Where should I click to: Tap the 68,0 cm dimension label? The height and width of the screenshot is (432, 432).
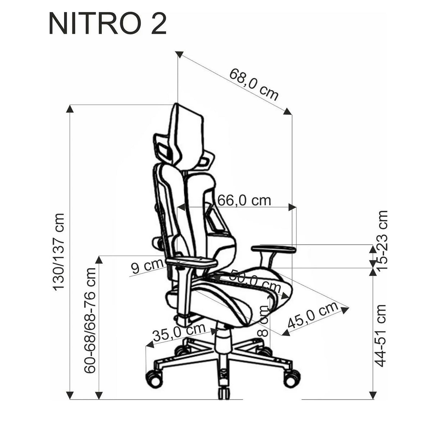coord(254,84)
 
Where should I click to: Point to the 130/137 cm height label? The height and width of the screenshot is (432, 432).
coord(58,251)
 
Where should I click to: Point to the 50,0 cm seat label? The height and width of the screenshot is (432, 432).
coord(255,282)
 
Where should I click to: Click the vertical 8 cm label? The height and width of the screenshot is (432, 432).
coord(264,320)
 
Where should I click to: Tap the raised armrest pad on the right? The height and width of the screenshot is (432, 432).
coord(274,248)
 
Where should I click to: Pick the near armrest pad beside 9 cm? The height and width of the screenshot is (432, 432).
coord(192,262)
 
